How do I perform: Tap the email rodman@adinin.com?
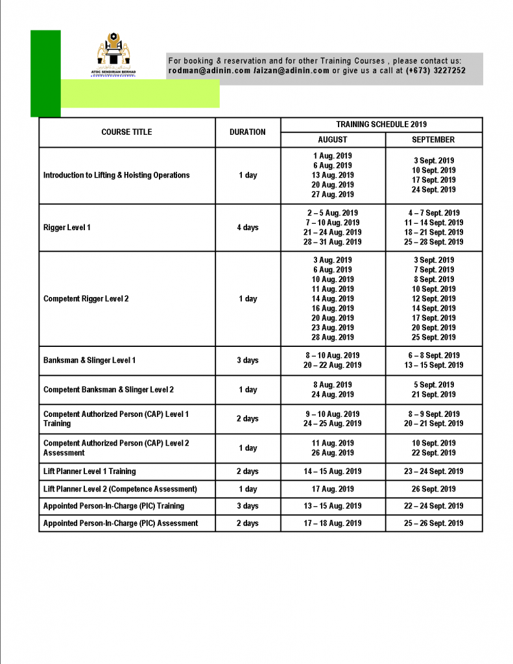point(209,71)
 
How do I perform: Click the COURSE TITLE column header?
point(126,132)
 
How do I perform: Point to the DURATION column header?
point(248,132)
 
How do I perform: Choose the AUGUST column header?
point(333,139)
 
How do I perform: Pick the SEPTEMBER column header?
point(433,139)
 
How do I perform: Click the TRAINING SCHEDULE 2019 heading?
point(381,124)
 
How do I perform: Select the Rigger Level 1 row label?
point(67,228)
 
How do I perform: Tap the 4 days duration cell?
point(248,228)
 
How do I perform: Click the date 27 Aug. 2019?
point(333,195)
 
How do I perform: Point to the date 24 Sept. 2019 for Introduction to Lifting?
point(434,190)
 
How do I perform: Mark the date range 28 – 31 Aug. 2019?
point(333,242)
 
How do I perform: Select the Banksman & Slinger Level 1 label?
point(89,361)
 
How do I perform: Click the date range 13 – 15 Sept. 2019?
point(434,365)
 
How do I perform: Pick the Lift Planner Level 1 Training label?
point(89,471)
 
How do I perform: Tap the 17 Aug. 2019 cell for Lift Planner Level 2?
point(333,489)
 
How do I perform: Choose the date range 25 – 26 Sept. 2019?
point(434,523)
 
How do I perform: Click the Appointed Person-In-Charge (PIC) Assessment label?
point(121,523)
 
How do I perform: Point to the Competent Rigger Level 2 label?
point(86,299)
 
